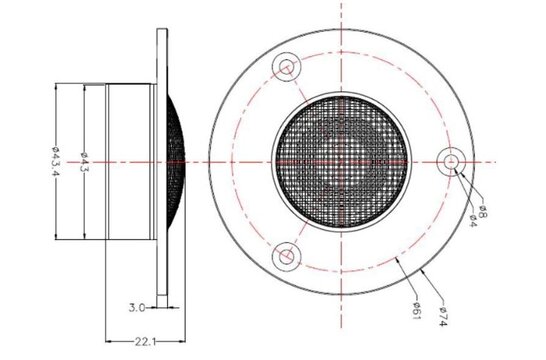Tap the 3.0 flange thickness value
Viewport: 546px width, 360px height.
click(x=139, y=307)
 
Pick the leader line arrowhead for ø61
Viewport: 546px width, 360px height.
click(x=397, y=257)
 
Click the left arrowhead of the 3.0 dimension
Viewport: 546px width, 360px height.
click(x=155, y=307)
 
